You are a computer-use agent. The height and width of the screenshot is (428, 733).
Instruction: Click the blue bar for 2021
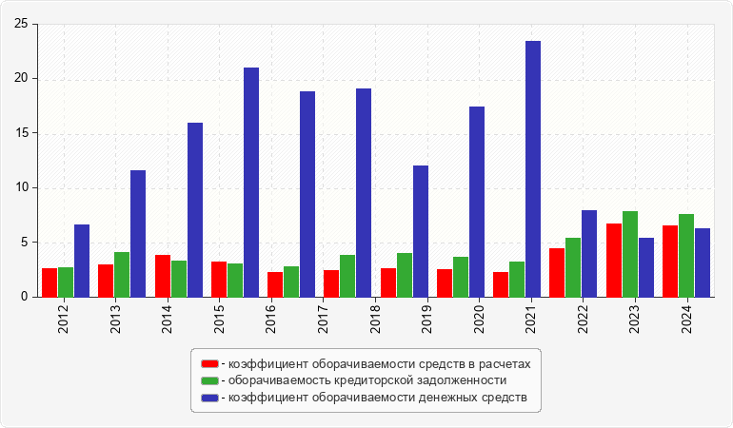[x=533, y=169]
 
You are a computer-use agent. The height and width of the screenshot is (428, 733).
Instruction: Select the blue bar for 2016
[x=250, y=183]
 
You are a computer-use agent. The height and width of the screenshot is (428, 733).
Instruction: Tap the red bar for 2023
[x=614, y=260]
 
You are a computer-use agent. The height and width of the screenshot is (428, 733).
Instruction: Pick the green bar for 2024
[x=686, y=255]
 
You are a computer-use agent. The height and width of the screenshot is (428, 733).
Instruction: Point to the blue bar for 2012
[x=82, y=261]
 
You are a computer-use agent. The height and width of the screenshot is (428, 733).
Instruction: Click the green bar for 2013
[x=122, y=274]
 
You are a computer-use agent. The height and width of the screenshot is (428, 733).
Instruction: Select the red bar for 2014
[x=163, y=276]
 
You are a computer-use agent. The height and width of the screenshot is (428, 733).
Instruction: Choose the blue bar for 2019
[x=420, y=231]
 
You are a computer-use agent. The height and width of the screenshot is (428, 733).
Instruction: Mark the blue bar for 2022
[x=589, y=253]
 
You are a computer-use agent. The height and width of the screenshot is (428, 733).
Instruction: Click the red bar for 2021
[x=501, y=284]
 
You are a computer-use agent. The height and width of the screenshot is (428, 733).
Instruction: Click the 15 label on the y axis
[x=20, y=133]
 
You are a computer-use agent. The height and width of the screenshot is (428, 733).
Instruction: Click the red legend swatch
[x=209, y=363]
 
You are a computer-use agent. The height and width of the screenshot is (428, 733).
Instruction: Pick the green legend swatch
[x=209, y=380]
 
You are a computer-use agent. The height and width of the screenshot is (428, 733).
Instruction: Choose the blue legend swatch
[x=209, y=397]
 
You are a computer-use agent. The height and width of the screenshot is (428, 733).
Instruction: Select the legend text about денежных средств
[x=373, y=397]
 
